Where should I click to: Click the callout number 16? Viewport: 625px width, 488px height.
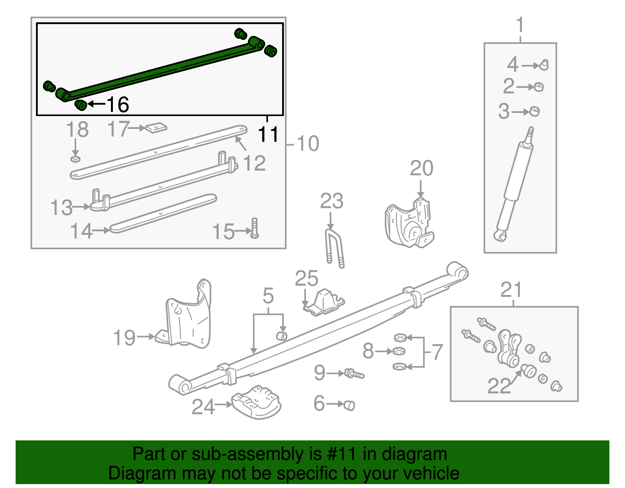pos(118,105)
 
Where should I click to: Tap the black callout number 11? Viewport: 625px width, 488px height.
pos(268,134)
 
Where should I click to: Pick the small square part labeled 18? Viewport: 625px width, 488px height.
pos(75,158)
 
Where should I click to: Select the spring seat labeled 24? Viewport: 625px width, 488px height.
pos(256,402)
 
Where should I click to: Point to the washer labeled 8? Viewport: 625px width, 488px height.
pos(399,351)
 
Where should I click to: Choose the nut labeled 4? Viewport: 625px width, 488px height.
pos(544,65)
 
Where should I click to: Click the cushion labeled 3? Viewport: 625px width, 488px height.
pos(535,111)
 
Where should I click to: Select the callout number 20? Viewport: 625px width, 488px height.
pos(421,168)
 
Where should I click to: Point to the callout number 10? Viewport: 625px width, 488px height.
pos(308,143)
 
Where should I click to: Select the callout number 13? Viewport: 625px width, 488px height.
pos(61,207)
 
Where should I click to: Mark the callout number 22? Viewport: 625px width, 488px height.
pos(499,386)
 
